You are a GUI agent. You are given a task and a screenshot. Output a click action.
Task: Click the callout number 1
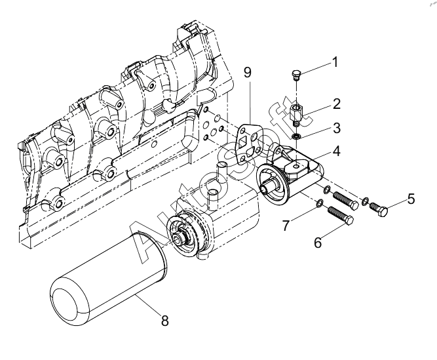pyautogui.click(x=335, y=62)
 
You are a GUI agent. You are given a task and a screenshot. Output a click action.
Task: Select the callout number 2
pyautogui.click(x=337, y=104)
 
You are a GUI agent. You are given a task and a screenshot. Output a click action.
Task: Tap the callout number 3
pyautogui.click(x=337, y=128)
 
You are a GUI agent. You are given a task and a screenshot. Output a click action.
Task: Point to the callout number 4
pyautogui.click(x=336, y=151)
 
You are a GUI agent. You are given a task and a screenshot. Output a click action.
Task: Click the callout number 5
pyautogui.click(x=411, y=199)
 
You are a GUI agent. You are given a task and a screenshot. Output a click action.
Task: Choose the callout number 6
pyautogui.click(x=318, y=243)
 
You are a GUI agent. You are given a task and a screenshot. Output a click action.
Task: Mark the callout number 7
pyautogui.click(x=286, y=226)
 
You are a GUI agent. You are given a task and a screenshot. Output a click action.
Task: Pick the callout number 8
pyautogui.click(x=165, y=321)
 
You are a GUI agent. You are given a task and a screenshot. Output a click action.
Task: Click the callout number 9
pyautogui.click(x=248, y=72)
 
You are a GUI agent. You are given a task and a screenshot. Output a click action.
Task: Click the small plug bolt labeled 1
pyautogui.click(x=296, y=75)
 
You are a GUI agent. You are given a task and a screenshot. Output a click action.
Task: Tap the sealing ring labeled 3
pyautogui.click(x=297, y=136)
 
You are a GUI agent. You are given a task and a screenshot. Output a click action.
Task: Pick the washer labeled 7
pyautogui.click(x=319, y=203)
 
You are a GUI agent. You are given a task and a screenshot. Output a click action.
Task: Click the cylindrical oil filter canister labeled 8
pyautogui.click(x=109, y=279)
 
